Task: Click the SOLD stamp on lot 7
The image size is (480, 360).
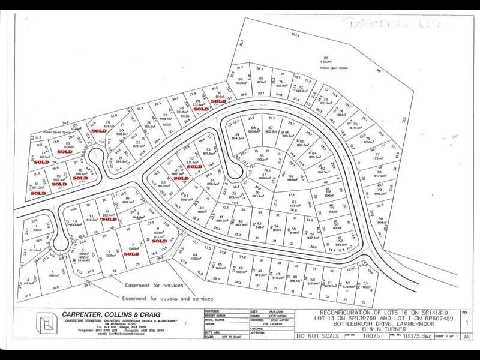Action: tap(131, 253)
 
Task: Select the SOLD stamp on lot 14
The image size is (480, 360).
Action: tap(38, 193)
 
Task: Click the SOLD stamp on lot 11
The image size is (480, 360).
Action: tap(109, 219)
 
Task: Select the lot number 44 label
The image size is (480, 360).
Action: tap(195, 254)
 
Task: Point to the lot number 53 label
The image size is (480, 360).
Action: tap(365, 283)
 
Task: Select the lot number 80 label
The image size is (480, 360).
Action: tap(380, 219)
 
